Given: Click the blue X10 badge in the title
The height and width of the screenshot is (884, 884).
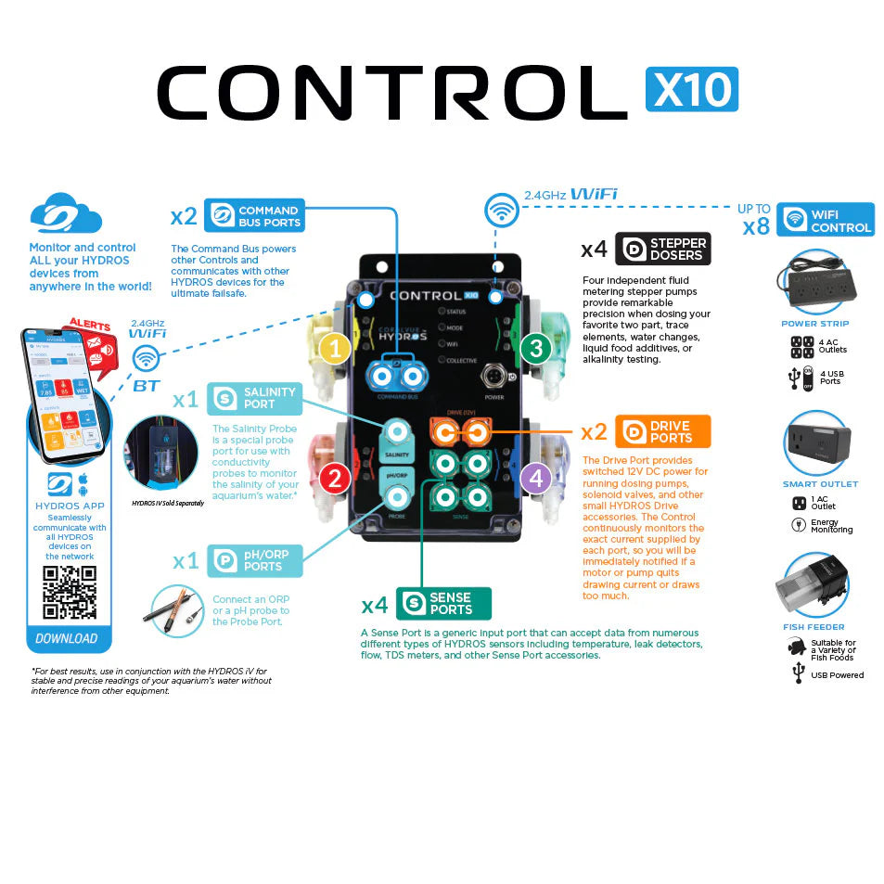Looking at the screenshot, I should [x=691, y=89].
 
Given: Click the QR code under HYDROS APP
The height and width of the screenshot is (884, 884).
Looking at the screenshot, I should [x=70, y=592].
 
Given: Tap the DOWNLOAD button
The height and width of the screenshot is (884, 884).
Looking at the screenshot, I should [x=67, y=638].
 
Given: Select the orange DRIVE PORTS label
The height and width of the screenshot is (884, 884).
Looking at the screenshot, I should [x=662, y=431].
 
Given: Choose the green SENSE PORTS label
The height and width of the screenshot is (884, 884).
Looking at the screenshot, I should [x=443, y=604].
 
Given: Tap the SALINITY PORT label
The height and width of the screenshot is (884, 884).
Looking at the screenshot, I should [x=254, y=398].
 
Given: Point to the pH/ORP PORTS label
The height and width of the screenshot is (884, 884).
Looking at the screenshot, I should [x=254, y=560].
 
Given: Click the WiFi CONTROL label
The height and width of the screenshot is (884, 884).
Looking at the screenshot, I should [x=825, y=220].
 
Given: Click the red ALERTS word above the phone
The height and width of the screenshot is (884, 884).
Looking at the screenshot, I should [x=90, y=327].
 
